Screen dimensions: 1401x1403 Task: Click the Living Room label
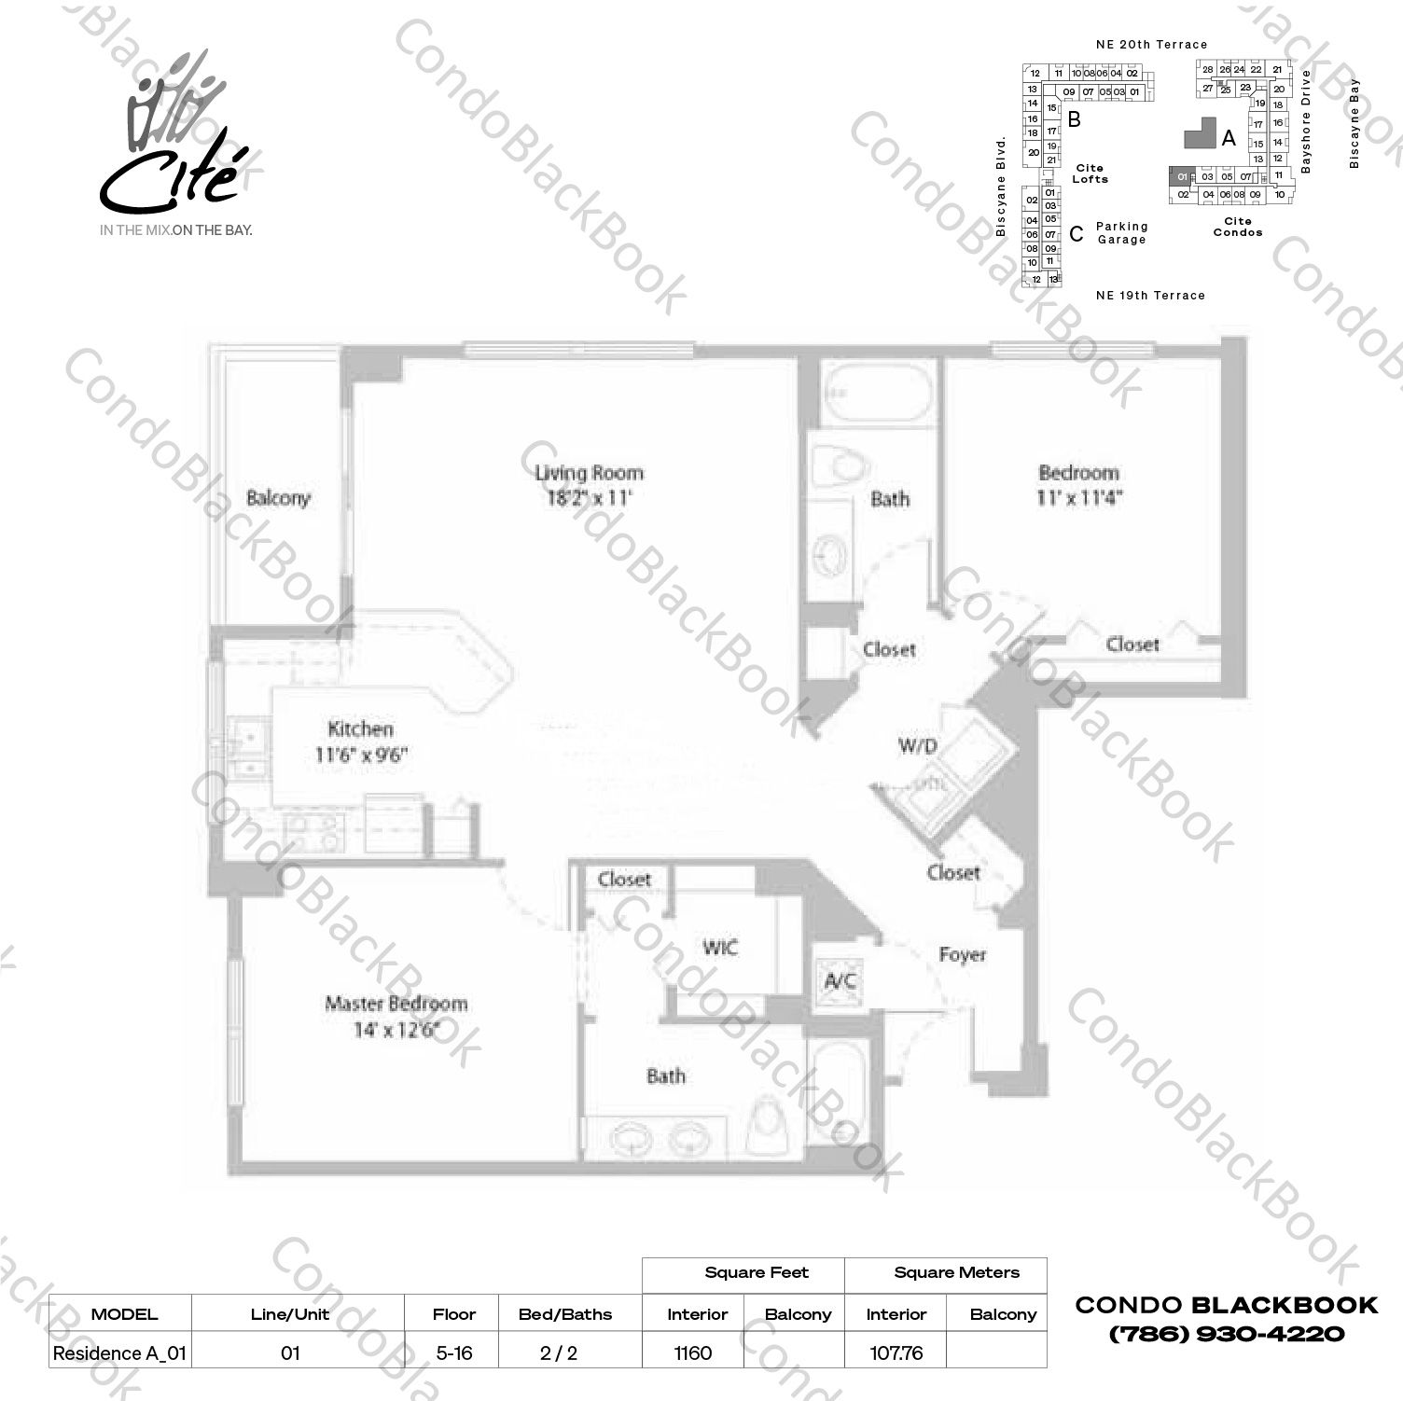click(589, 473)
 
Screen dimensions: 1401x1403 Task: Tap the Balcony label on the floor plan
click(278, 498)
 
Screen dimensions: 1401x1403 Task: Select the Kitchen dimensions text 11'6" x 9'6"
click(360, 754)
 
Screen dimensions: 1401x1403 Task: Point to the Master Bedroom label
click(396, 1004)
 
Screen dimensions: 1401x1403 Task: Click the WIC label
click(720, 948)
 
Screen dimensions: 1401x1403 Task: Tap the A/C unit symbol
click(840, 980)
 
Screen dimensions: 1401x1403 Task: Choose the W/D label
click(917, 745)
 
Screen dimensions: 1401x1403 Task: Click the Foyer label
click(962, 955)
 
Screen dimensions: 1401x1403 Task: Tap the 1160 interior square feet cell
click(693, 1352)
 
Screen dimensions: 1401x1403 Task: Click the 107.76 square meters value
click(896, 1352)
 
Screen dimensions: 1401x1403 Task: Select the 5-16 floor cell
click(454, 1352)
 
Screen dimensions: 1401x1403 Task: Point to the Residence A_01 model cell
click(120, 1352)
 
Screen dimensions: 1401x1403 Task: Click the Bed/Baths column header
click(565, 1314)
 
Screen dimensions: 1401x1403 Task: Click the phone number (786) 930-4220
click(1226, 1334)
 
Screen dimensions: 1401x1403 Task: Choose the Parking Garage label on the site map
click(1121, 232)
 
